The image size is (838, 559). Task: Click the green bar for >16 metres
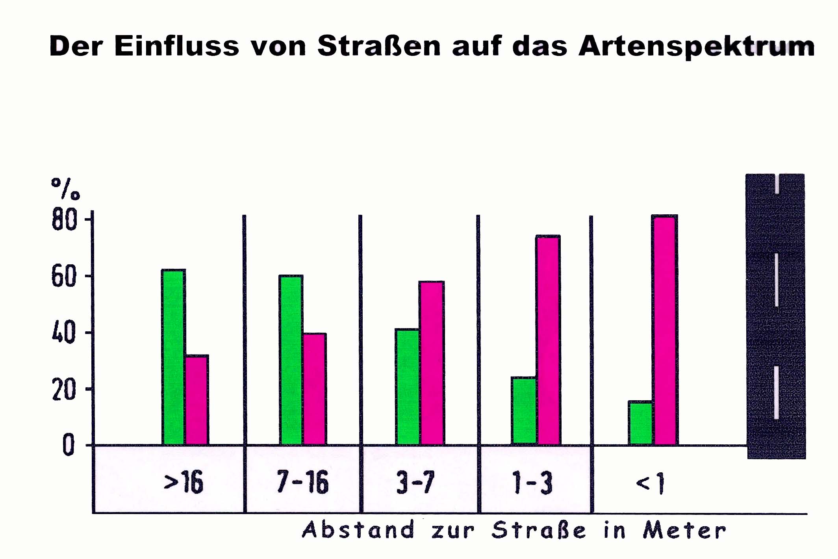click(x=173, y=357)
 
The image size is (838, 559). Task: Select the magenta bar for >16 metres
click(x=197, y=400)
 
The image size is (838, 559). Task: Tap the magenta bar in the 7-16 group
click(x=315, y=389)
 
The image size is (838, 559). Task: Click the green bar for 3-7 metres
click(x=408, y=387)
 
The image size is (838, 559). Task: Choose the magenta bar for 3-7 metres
click(x=432, y=363)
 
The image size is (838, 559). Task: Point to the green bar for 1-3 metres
click(x=524, y=411)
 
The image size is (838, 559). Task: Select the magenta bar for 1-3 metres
click(x=548, y=340)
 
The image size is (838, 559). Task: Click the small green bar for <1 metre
click(x=640, y=423)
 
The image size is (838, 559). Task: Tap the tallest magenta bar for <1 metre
click(x=665, y=330)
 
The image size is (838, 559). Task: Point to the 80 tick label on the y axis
click(x=64, y=219)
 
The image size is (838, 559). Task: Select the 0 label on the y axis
click(x=69, y=445)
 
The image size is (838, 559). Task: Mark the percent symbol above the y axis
click(x=65, y=189)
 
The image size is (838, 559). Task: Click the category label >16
click(x=184, y=482)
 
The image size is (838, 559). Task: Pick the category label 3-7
click(x=415, y=482)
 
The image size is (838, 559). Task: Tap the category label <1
click(x=650, y=483)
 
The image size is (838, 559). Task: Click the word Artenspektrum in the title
click(x=696, y=46)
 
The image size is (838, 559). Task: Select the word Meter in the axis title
click(x=684, y=530)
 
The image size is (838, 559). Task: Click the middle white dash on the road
click(x=777, y=280)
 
